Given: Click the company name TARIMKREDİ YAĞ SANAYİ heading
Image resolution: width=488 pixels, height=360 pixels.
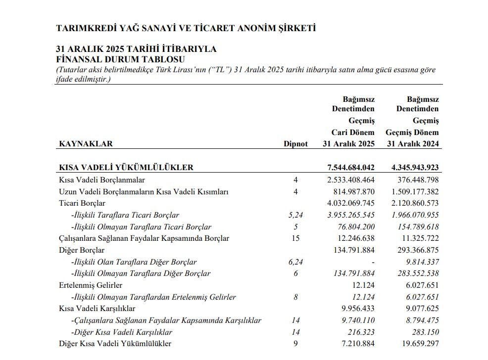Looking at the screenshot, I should click(186, 28).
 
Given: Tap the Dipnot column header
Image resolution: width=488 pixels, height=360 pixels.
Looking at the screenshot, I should click(295, 144).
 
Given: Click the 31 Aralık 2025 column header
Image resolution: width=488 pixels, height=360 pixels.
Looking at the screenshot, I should click(348, 144).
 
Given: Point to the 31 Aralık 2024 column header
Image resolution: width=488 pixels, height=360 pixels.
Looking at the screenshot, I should click(412, 144).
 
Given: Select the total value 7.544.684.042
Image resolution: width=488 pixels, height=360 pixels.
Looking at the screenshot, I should click(348, 168).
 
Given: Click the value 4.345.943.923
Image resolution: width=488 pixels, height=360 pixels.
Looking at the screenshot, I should click(412, 168).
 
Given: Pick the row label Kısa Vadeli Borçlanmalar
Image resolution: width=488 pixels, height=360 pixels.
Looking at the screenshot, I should click(102, 180).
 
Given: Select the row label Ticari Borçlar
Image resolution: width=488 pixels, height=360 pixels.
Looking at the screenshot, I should click(82, 203).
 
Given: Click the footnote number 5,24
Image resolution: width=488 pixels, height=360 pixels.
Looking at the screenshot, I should click(295, 215).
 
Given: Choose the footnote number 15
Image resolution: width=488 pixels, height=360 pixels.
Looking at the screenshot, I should click(295, 238).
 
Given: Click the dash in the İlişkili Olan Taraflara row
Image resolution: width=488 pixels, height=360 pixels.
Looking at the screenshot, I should click(373, 262).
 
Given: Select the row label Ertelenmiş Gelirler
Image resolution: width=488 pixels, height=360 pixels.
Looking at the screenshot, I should click(91, 285).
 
